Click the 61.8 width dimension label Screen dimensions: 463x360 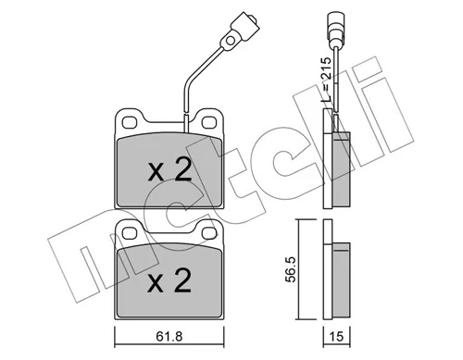(169, 337)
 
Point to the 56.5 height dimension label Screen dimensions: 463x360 (291, 268)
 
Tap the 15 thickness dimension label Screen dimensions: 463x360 (336, 336)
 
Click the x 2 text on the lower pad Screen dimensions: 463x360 (169, 281)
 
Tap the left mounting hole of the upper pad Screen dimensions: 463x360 (130, 122)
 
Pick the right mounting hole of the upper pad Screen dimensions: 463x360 (209, 122)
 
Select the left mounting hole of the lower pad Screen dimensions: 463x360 (130, 233)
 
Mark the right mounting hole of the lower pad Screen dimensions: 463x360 (209, 233)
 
